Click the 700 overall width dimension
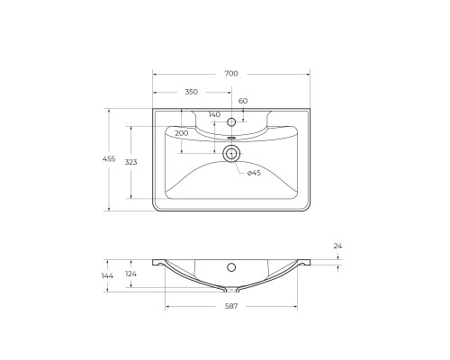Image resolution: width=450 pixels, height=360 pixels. click(231, 73)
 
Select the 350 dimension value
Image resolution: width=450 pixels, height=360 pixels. click(192, 92)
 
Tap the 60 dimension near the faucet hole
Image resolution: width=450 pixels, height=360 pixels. click(242, 102)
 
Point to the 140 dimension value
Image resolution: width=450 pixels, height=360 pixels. click(213, 114)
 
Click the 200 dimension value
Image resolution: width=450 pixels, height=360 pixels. click(182, 132)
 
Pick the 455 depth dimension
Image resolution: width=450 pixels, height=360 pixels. click(109, 159)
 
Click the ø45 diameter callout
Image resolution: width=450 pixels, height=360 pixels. click(254, 172)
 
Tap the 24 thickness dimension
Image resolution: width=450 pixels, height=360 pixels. click(337, 246)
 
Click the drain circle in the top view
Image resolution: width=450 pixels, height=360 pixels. click(231, 153)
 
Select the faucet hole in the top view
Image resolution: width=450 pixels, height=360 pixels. click(231, 121)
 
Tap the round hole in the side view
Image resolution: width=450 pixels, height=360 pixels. click(231, 267)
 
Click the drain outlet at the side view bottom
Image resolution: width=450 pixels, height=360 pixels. click(231, 290)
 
